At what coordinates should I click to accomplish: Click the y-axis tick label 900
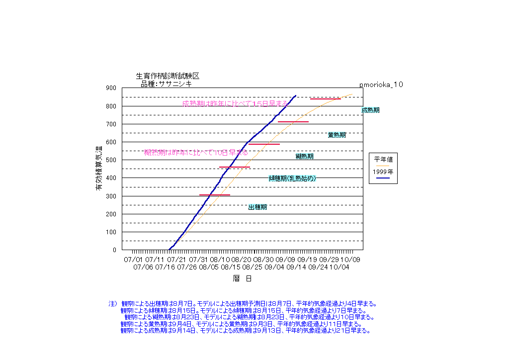click(111, 88)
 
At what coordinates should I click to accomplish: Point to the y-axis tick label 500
click(111, 160)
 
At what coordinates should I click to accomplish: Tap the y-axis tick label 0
click(114, 250)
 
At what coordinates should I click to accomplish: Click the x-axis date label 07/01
click(132, 260)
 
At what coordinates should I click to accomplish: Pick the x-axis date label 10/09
click(350, 260)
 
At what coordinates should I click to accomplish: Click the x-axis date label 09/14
click(296, 267)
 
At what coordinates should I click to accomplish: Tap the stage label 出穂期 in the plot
click(257, 207)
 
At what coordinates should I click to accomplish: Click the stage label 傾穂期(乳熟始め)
click(292, 178)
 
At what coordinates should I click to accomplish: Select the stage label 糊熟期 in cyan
click(304, 156)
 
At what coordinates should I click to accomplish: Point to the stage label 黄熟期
click(337, 135)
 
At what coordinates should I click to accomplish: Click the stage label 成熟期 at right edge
click(370, 110)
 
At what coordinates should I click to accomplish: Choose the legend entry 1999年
click(383, 172)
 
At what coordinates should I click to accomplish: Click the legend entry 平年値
click(383, 160)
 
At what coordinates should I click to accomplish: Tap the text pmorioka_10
click(381, 85)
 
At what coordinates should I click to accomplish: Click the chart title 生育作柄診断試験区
click(168, 76)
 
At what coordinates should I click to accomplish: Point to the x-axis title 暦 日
click(242, 278)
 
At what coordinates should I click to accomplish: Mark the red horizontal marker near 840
click(325, 99)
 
